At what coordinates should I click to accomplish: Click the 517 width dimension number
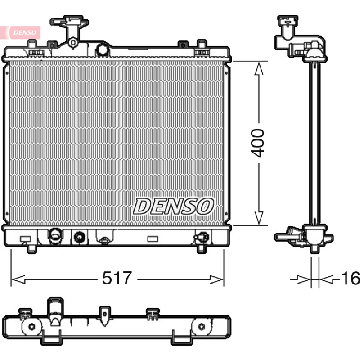coord(117,278)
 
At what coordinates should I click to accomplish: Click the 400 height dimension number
coord(257,143)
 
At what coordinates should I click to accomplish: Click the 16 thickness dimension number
coord(351,278)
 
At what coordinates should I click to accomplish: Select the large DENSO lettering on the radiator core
coord(173,207)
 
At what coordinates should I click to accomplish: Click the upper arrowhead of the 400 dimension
coord(259,68)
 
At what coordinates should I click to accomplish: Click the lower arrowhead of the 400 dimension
coord(259,218)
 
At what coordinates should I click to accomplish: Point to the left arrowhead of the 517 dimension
coord(18,279)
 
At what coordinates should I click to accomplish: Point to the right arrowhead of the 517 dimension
coord(216,279)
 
